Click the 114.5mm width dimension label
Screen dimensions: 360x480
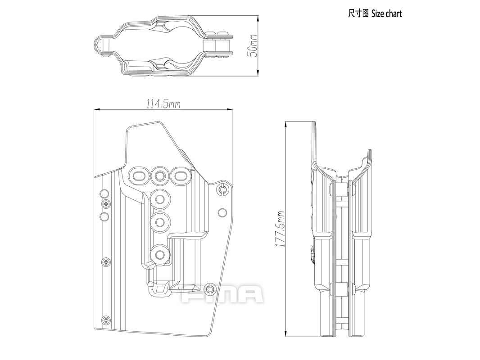click(163, 104)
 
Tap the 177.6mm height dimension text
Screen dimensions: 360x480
click(280, 229)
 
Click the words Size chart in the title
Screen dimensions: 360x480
click(386, 13)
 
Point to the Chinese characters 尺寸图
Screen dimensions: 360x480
click(358, 13)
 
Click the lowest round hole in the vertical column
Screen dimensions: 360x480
click(159, 255)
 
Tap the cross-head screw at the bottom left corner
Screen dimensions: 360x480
click(106, 320)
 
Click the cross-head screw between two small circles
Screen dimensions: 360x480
click(106, 205)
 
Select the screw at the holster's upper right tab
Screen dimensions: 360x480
click(222, 190)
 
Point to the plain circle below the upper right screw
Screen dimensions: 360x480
click(222, 213)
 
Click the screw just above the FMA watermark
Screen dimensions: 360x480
click(209, 288)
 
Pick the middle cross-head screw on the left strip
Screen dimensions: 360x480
click(107, 261)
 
